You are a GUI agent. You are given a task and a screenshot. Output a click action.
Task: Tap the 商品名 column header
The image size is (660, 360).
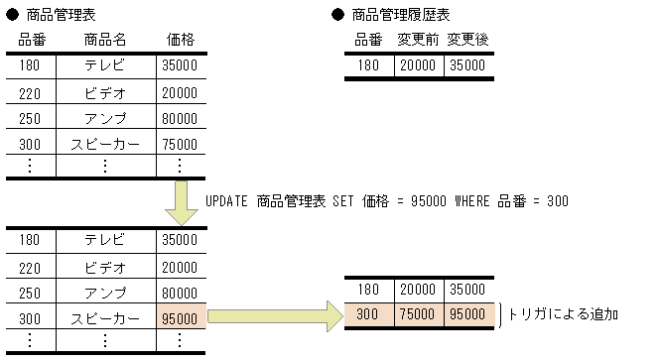click(105, 40)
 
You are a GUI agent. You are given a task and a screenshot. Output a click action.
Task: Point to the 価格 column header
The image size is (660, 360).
click(180, 40)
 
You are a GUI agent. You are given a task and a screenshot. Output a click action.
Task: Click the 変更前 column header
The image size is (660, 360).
click(418, 40)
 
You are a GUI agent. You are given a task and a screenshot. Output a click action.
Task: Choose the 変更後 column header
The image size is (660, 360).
click(467, 40)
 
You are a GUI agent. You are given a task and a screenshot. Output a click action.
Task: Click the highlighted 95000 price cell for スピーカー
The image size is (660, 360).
click(180, 318)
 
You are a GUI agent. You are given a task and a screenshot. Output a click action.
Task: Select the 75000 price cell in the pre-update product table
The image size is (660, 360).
click(180, 143)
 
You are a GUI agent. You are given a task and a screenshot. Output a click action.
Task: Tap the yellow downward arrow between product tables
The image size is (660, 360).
click(186, 203)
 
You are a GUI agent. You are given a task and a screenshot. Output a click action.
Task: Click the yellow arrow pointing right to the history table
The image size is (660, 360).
click(273, 316)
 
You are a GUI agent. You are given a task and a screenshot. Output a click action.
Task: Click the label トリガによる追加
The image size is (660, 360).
click(563, 313)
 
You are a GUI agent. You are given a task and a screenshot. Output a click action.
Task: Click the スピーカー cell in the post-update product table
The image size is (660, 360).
click(105, 318)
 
